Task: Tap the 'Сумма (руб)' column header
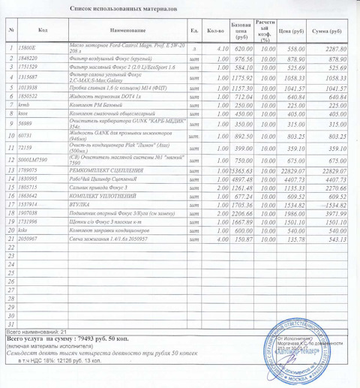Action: (x=328, y=31)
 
